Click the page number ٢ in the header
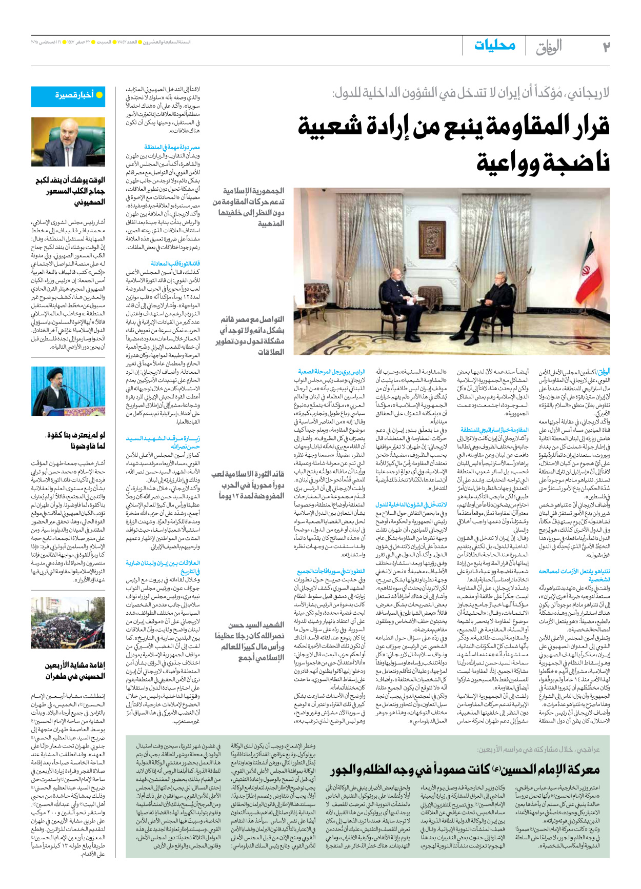(x=606, y=47)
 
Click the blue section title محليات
(x=495, y=45)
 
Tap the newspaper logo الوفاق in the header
(x=548, y=47)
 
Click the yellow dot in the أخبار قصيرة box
(x=99, y=95)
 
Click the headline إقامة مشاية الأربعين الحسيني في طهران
(x=75, y=671)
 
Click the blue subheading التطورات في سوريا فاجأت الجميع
(x=331, y=571)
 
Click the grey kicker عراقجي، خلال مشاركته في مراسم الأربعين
(x=538, y=750)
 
